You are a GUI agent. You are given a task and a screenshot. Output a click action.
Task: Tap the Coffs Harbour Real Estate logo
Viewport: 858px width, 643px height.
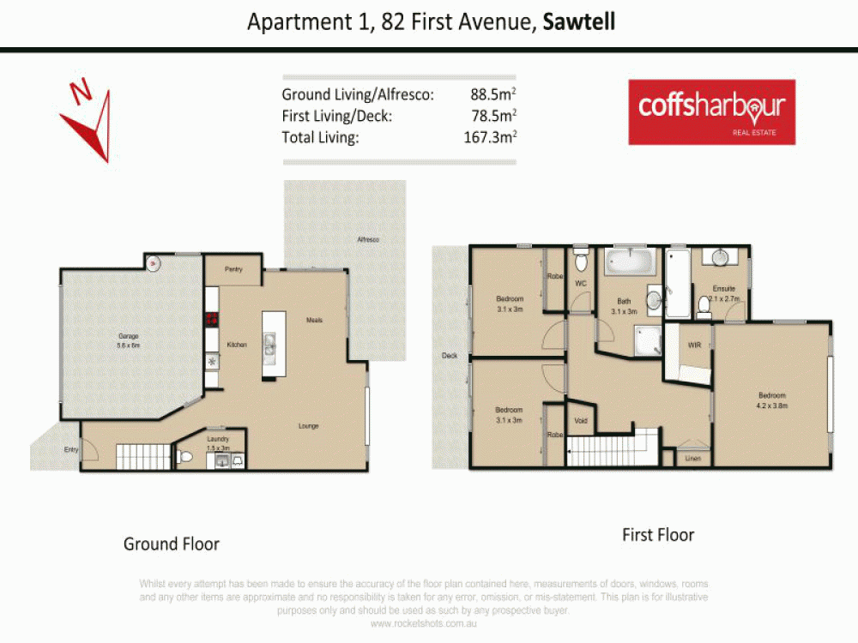711,111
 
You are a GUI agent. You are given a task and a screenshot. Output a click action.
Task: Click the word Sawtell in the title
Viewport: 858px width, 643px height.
579,21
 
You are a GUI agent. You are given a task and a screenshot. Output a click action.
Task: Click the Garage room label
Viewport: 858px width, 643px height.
129,336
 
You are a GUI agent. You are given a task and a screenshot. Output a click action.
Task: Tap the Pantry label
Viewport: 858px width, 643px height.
233,269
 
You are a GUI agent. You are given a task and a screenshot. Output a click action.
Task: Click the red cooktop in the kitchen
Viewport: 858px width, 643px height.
211,320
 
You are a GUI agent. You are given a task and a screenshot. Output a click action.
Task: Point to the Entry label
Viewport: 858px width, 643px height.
70,449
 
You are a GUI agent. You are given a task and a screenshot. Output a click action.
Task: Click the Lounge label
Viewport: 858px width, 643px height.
309,426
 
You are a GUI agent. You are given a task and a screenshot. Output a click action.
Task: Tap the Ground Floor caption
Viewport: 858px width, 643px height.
172,544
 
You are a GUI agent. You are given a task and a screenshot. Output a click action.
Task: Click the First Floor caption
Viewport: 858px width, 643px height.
658,535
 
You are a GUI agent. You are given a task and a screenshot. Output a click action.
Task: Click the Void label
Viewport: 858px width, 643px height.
581,420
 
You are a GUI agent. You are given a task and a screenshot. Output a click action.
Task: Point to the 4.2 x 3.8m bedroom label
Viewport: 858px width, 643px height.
771,400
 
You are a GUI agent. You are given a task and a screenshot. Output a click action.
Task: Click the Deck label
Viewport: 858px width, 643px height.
449,356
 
